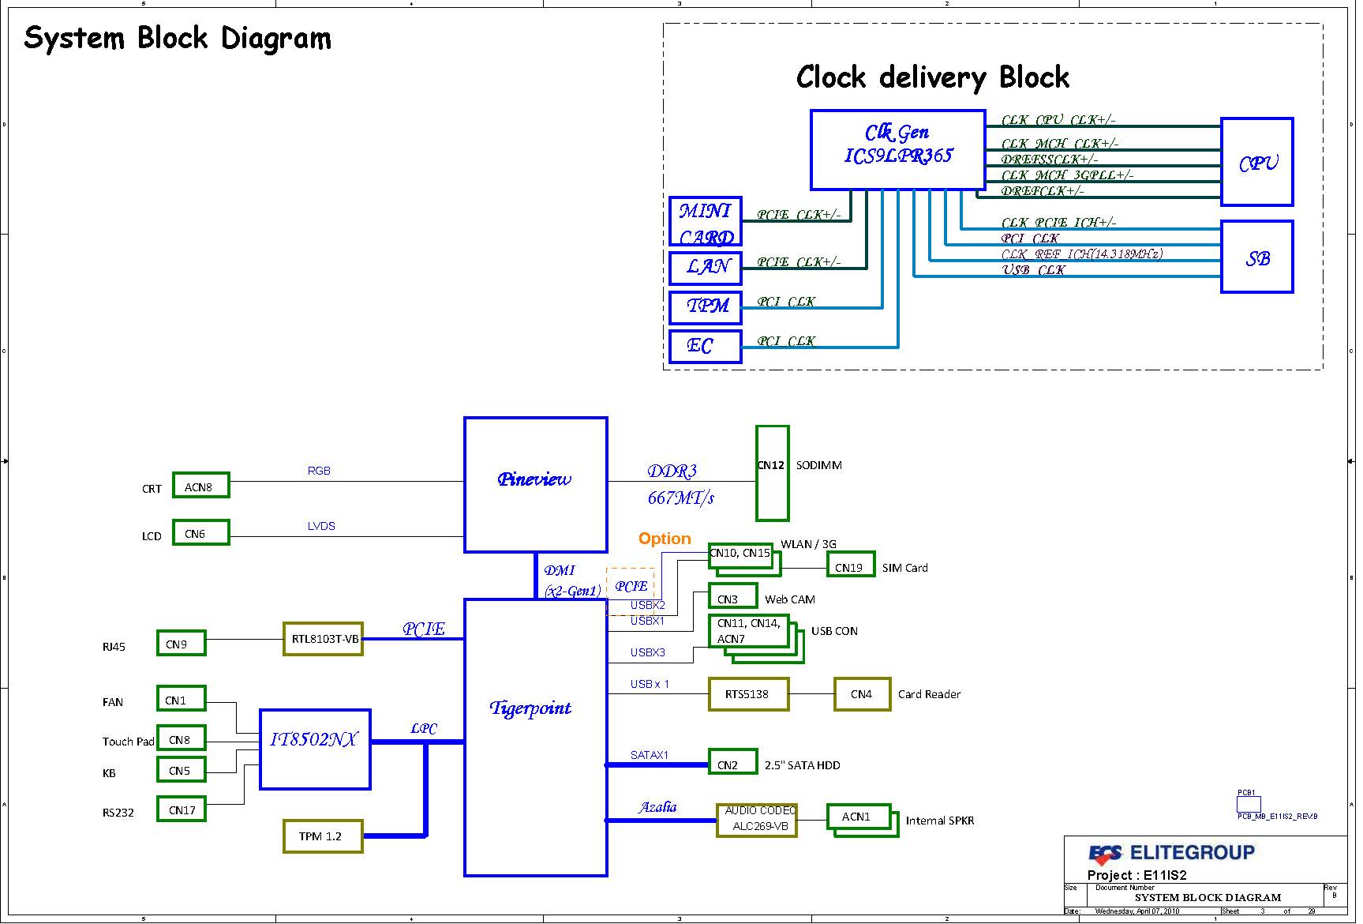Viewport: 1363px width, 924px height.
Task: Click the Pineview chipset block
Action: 535,484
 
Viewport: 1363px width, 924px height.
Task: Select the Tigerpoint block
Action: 535,737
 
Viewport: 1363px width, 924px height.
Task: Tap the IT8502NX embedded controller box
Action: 315,749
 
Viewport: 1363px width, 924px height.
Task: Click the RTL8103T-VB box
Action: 323,639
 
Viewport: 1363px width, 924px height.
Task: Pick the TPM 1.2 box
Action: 322,836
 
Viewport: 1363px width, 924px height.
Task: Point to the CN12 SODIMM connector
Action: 772,473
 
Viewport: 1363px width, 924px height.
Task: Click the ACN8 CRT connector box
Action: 200,486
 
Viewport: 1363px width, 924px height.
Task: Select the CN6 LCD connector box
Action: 200,533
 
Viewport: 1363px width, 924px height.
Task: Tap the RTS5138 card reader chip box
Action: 747,694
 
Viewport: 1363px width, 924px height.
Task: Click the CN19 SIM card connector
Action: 850,565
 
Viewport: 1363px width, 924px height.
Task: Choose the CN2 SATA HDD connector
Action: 732,762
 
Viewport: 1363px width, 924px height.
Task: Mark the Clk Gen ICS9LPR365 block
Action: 897,149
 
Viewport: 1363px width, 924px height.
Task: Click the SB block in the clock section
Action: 1256,257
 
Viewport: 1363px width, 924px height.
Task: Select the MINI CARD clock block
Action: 705,222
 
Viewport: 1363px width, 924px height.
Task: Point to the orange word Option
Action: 665,539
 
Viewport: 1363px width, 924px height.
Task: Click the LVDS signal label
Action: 321,526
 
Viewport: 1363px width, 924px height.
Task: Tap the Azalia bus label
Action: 657,807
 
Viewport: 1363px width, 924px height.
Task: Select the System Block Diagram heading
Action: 178,38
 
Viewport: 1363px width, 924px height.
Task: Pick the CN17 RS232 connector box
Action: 182,809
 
